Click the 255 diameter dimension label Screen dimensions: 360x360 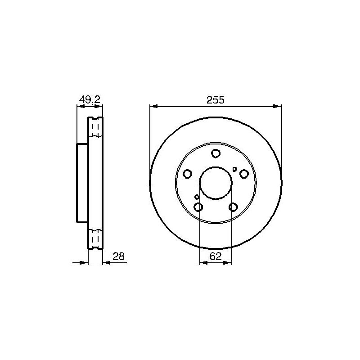(x=215, y=100)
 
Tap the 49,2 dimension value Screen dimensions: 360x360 (x=90, y=100)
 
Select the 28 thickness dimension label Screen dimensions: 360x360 (x=118, y=256)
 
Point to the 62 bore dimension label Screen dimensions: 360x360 (x=216, y=256)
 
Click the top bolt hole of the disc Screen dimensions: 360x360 (x=216, y=153)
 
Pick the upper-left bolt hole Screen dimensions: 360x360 (x=187, y=174)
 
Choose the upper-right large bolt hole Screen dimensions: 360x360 (x=244, y=174)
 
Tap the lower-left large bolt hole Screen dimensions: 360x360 (x=198, y=207)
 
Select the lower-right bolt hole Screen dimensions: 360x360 (x=233, y=207)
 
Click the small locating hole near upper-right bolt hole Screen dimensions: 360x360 (x=234, y=169)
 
